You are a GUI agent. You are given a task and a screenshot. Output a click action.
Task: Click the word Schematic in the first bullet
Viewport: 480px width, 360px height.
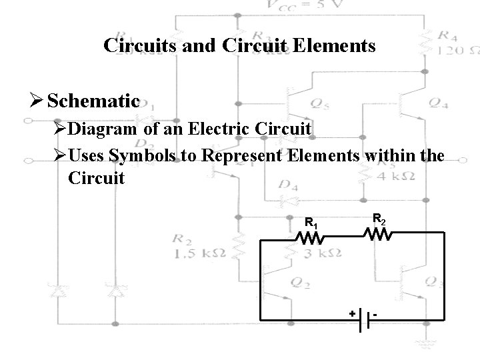(x=94, y=101)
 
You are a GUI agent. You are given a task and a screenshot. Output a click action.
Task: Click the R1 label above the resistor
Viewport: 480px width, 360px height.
(x=310, y=222)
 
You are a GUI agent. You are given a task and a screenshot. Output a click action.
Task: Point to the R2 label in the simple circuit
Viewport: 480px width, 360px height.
(x=378, y=217)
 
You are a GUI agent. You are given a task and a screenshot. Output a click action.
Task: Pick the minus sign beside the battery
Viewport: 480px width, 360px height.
(x=377, y=313)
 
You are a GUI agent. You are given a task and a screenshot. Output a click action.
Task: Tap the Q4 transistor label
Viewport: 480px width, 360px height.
(x=438, y=103)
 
